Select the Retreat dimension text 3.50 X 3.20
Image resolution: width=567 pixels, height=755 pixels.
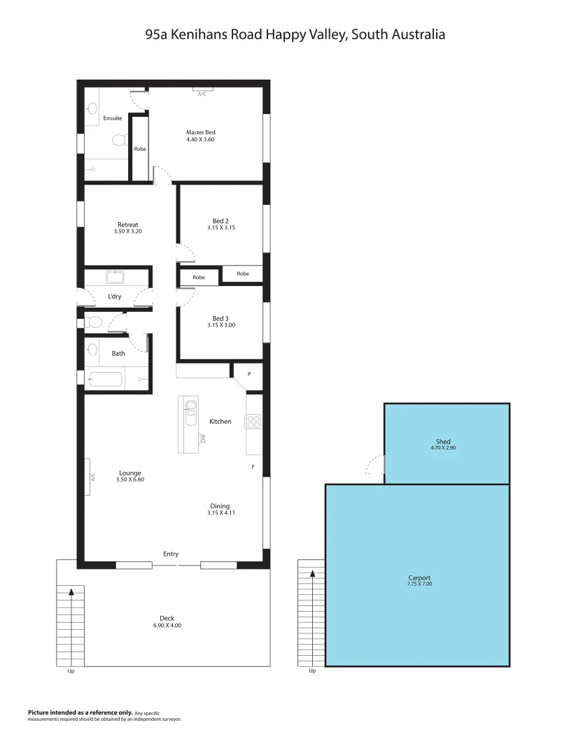point(127,231)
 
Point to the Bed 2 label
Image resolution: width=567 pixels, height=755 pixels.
point(220,221)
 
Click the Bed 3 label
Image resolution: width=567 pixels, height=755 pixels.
point(220,318)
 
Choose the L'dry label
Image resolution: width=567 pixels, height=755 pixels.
point(115,296)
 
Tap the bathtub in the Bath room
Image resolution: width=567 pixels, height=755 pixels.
point(106,380)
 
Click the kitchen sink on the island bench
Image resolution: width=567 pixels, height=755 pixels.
point(189,413)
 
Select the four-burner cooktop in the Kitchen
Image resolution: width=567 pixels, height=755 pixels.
point(253,422)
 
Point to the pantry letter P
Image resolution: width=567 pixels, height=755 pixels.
point(248,374)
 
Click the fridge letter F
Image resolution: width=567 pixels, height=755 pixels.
point(253,466)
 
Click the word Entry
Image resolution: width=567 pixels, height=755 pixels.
point(171,554)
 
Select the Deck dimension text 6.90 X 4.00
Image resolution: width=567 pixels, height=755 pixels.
point(167,625)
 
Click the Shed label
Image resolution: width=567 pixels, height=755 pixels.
point(443,442)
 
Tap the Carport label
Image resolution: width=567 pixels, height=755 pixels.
point(419,578)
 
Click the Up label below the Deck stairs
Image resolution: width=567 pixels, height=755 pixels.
point(71,671)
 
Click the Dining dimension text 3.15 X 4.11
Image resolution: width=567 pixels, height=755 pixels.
point(220,513)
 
